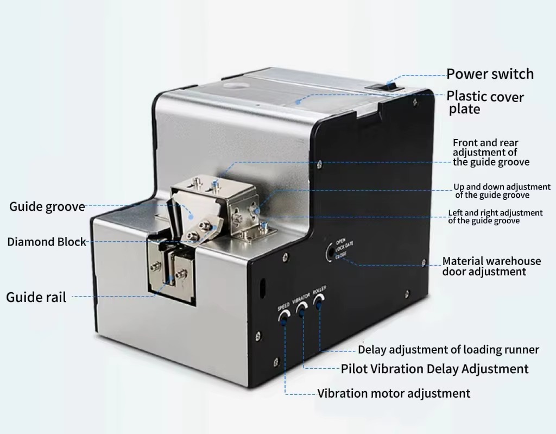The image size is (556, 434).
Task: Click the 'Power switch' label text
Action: [490, 74]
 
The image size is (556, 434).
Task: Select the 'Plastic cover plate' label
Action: [485, 103]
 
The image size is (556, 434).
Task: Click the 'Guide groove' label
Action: [47, 206]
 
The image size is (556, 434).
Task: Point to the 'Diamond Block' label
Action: [47, 242]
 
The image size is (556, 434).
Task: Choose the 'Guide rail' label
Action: [36, 297]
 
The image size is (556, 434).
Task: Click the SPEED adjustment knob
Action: [284, 317]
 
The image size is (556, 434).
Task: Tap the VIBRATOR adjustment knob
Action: [302, 309]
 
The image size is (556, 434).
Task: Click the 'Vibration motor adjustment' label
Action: [394, 393]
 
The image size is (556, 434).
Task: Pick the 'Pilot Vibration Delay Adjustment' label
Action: [435, 369]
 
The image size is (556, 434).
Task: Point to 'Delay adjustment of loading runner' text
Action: [448, 350]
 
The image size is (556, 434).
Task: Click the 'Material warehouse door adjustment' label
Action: [491, 266]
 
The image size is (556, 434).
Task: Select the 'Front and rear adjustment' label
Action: [491, 152]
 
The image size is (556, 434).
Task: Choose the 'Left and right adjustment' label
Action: [495, 217]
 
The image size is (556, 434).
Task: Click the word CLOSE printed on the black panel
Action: [341, 255]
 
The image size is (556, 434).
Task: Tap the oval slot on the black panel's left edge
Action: [262, 287]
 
